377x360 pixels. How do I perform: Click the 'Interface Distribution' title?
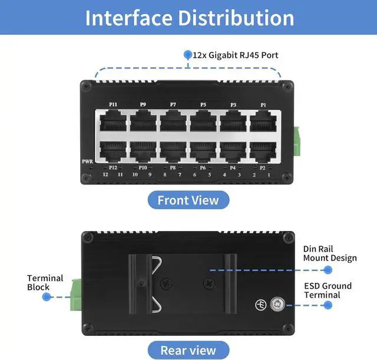188,17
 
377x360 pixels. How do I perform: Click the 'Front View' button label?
188,200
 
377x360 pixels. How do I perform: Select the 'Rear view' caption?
188,350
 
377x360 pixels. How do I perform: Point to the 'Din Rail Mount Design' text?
330,254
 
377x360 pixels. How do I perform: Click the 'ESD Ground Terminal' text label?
328,290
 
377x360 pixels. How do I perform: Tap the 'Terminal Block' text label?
38,283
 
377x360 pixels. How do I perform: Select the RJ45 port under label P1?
263,121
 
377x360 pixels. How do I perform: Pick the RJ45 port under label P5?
203,121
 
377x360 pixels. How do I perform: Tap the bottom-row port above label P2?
263,151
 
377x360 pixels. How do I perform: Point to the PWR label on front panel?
87,161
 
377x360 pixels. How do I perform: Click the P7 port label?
173,105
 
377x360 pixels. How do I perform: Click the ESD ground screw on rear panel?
277,305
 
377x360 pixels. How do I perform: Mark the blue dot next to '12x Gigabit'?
188,55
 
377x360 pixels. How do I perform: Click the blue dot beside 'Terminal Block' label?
46,297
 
